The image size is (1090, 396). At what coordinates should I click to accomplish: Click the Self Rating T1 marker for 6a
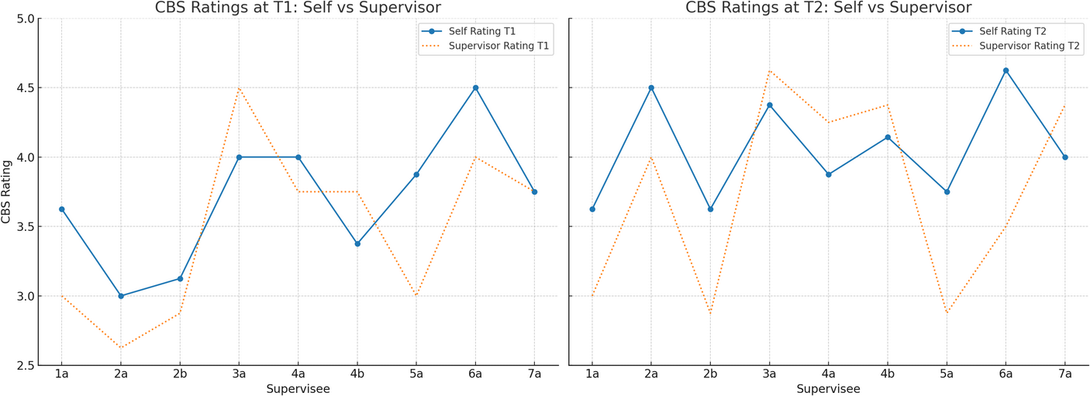click(x=475, y=88)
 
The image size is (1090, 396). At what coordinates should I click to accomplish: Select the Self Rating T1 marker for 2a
click(x=121, y=296)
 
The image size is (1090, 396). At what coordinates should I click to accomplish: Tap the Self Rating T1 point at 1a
click(x=62, y=209)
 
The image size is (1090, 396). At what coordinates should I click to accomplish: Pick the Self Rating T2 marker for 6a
click(x=1005, y=71)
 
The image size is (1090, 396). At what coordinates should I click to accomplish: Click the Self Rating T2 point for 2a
click(x=651, y=88)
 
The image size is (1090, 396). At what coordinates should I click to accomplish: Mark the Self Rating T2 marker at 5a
click(x=947, y=191)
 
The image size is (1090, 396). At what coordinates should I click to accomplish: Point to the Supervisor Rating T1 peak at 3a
click(x=239, y=88)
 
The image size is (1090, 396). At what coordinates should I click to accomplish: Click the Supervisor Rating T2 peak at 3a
click(x=769, y=71)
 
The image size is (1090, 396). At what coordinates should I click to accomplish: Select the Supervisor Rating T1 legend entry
click(x=485, y=46)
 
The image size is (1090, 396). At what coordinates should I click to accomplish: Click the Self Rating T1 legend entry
click(x=468, y=31)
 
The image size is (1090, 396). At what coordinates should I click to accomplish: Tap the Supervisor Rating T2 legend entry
click(x=1016, y=46)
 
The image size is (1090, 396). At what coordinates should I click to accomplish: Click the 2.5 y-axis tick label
click(x=25, y=365)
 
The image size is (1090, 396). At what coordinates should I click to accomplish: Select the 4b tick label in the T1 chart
click(x=357, y=374)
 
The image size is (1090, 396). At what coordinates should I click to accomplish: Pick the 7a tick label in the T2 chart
click(x=1064, y=374)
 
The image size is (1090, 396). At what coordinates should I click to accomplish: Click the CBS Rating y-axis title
click(x=6, y=192)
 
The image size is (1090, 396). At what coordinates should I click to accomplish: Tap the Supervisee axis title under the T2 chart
click(x=828, y=389)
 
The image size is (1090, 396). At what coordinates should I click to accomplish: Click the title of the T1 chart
click(x=298, y=8)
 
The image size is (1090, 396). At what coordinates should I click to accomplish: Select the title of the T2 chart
click(x=829, y=8)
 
